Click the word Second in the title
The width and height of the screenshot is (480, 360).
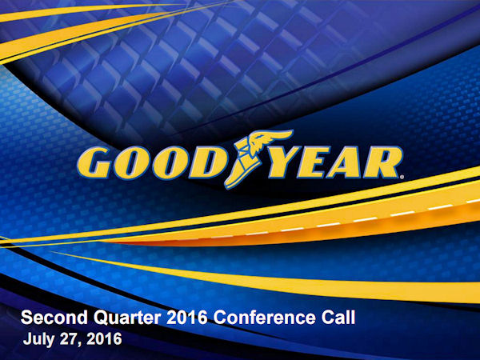(x=54, y=318)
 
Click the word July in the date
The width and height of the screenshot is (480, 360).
(x=39, y=340)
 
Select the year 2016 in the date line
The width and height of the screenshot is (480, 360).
(x=104, y=339)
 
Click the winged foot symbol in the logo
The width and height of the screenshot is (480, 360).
(x=256, y=158)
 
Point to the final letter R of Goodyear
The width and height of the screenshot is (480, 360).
(x=382, y=162)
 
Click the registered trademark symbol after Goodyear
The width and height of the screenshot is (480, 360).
(x=402, y=177)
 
